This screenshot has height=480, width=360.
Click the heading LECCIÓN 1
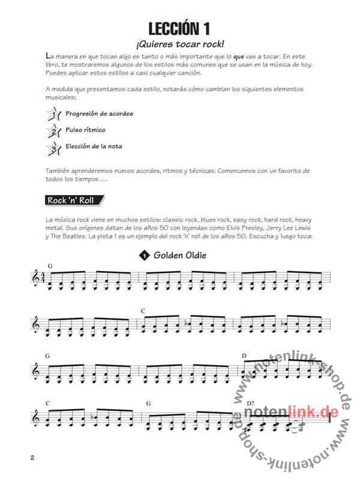[180, 28]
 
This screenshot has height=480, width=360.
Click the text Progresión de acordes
[100, 113]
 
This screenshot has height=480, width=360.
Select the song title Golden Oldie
[180, 256]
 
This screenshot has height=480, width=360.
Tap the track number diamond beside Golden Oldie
[145, 256]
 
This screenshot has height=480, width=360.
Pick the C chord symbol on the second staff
[143, 310]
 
